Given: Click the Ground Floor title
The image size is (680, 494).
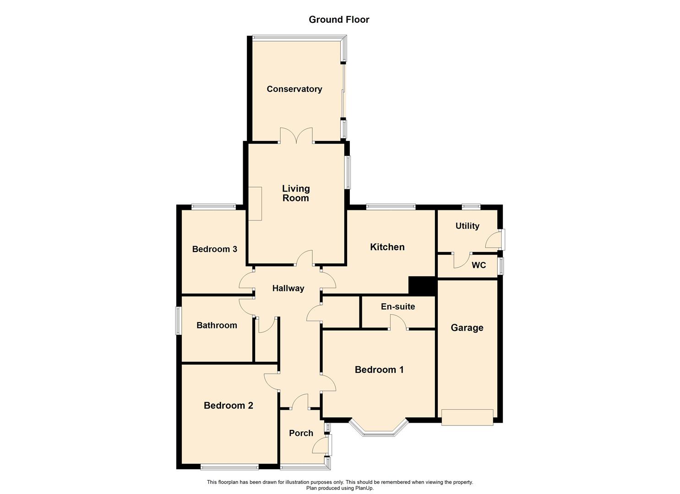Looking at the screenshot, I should click(339, 19).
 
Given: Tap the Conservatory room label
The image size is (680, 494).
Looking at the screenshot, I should click(294, 89).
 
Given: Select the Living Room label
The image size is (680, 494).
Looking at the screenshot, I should click(296, 193).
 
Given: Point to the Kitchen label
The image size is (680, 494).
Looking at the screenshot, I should click(387, 247).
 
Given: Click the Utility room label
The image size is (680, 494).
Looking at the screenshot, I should click(468, 226).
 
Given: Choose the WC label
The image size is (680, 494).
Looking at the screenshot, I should click(479, 265).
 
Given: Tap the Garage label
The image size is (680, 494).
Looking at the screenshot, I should click(467, 328).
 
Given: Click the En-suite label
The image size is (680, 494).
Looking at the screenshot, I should click(398, 306).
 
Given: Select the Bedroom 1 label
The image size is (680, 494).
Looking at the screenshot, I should click(379, 370).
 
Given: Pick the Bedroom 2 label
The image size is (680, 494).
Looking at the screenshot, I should click(228, 405).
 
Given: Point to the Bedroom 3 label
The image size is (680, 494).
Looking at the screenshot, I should click(215, 249).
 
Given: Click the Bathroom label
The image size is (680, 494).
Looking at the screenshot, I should click(217, 325).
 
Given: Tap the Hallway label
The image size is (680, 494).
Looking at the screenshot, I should click(288, 288).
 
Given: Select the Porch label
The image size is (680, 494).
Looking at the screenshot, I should click(301, 433).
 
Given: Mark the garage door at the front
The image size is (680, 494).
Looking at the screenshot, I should click(467, 417).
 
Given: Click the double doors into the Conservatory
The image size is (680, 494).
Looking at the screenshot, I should click(296, 135).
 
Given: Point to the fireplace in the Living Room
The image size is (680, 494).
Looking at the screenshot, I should click(255, 204).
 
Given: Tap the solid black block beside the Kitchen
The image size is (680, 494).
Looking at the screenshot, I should click(421, 286).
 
